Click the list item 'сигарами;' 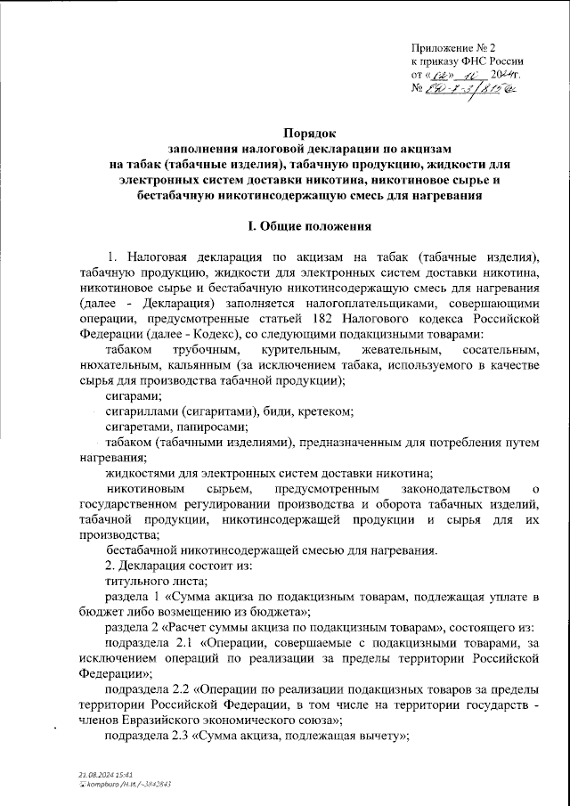point(134,395)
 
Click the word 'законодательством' point(455,489)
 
